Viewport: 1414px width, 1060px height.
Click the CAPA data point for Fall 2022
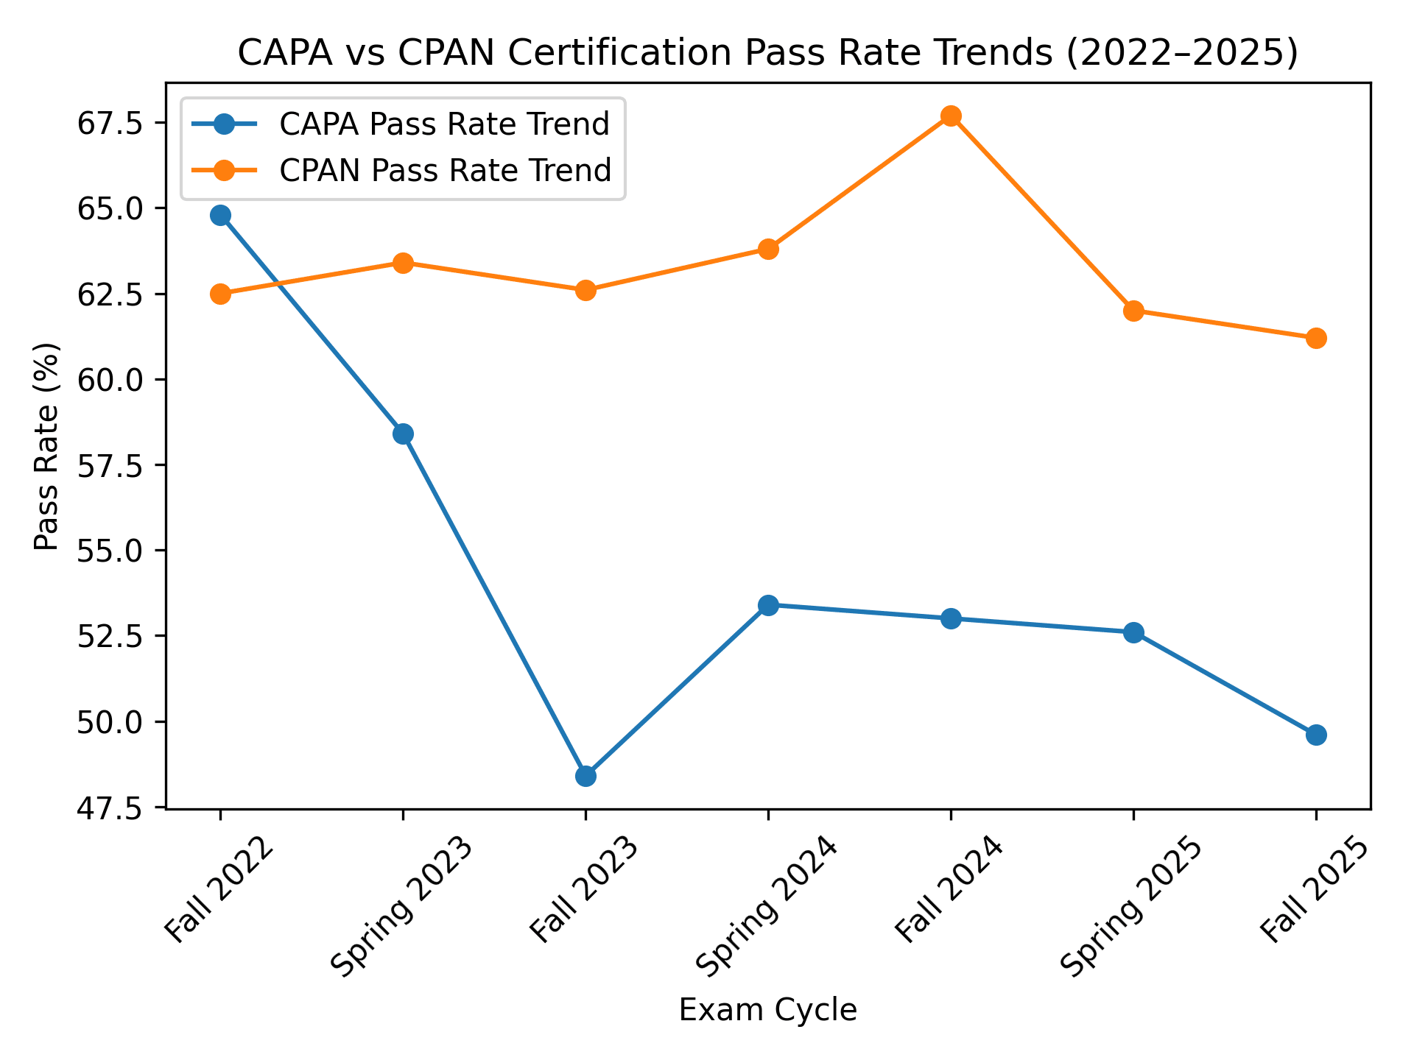coord(220,216)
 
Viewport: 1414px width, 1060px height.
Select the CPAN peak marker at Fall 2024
coord(951,116)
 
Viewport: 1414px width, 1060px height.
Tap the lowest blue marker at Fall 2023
coord(585,776)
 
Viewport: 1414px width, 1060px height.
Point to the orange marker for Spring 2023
coord(403,263)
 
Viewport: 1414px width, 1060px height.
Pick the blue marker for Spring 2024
coord(768,605)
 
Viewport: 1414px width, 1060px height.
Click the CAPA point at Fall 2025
coord(1316,735)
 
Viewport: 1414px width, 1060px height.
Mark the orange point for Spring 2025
coord(1133,311)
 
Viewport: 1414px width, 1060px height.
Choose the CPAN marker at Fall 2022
coord(220,294)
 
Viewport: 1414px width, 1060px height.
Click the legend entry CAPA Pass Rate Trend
coord(444,124)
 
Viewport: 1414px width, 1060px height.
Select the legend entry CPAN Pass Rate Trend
coord(445,170)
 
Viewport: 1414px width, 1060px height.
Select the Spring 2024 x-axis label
coord(766,905)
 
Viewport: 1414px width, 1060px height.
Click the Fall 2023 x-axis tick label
coord(585,891)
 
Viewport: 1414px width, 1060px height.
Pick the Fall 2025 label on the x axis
coord(1315,891)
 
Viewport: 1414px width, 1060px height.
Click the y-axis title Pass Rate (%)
coord(47,446)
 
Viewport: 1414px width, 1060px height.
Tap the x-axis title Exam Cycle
coord(767,1011)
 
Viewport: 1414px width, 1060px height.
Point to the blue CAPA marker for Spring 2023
coord(403,434)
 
